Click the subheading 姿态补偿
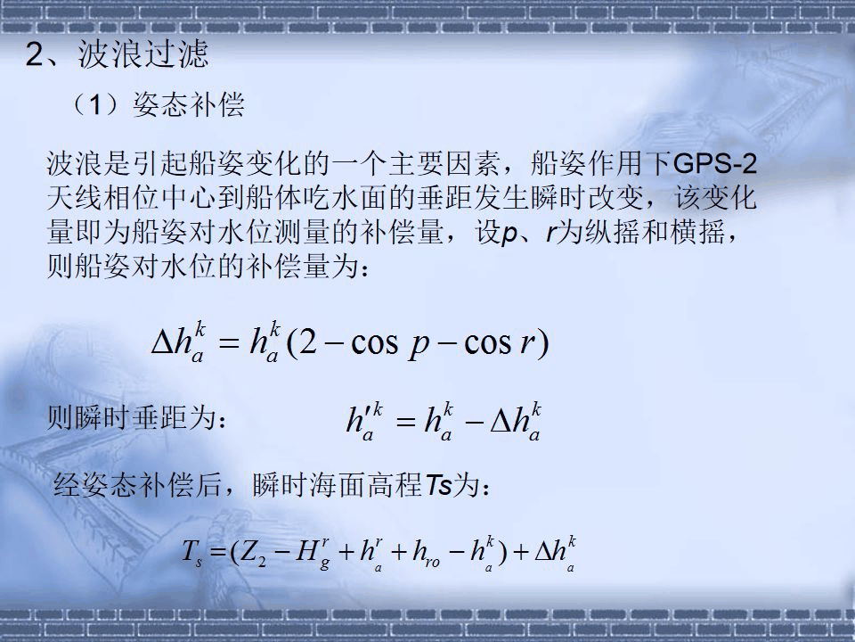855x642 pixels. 188,107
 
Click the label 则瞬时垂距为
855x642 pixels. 133,417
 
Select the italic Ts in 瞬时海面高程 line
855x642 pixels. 439,486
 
